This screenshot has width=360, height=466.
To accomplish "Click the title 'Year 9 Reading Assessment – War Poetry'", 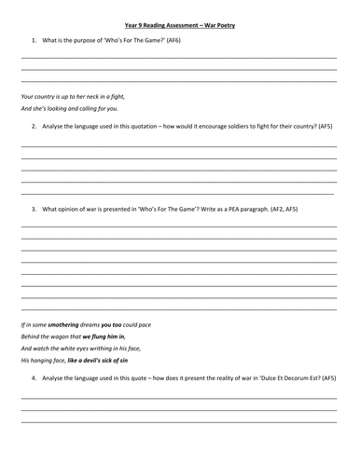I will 180,25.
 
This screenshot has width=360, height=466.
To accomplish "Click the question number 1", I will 33,40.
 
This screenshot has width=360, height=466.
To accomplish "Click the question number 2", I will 33,125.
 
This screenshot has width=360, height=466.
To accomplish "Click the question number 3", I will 33,209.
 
